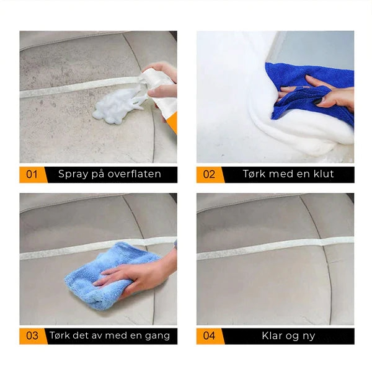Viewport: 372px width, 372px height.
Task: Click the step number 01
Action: [32, 174]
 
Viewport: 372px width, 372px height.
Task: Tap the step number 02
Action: [209, 174]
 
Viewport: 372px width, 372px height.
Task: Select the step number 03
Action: [32, 335]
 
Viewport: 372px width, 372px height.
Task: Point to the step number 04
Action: [209, 335]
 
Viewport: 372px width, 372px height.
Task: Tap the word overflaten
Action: [135, 174]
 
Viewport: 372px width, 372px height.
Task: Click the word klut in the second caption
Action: [324, 174]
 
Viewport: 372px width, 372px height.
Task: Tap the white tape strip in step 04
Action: [275, 248]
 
